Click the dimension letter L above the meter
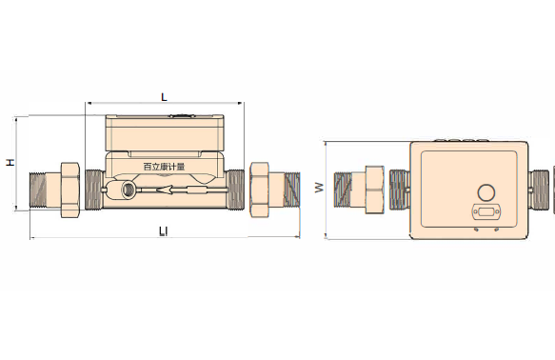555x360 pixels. pos(164,97)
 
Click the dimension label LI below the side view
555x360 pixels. pos(163,231)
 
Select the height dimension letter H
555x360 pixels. pos(11,162)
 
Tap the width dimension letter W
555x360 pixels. pos(319,188)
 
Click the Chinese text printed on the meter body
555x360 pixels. pos(165,167)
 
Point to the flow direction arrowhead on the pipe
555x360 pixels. pos(165,190)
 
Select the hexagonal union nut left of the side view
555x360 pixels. pos(70,190)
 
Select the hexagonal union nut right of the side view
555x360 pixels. pos(260,190)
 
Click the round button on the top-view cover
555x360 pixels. pos(486,192)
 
